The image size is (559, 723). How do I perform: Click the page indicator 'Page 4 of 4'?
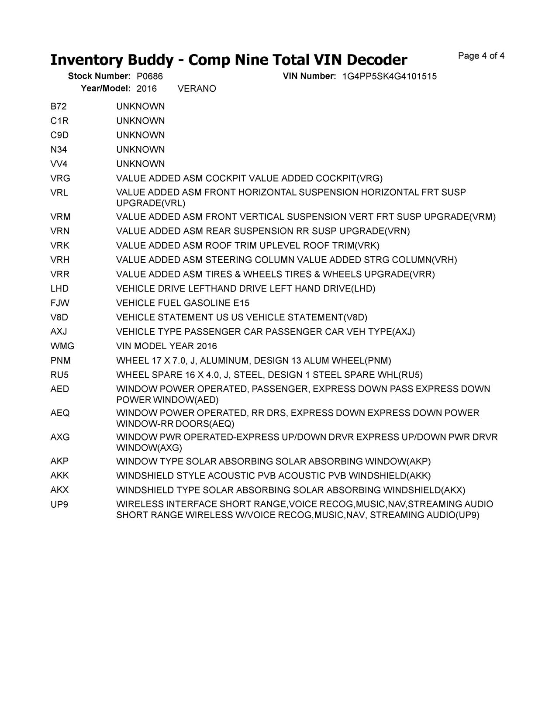click(481, 56)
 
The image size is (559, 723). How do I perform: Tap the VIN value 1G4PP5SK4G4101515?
click(389, 76)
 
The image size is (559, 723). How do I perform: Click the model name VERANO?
click(197, 89)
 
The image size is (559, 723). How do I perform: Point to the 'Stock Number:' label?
click(99, 76)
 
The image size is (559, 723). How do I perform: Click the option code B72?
click(59, 107)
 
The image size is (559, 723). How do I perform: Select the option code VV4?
click(59, 164)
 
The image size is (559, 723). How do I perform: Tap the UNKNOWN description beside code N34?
click(140, 150)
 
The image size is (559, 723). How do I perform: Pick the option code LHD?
click(59, 289)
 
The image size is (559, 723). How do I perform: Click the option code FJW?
click(60, 303)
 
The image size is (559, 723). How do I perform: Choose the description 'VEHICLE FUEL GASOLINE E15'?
click(183, 303)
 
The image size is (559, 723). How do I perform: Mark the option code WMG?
click(62, 346)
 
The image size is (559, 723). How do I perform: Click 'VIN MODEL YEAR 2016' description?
click(166, 346)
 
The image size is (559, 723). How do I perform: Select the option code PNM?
click(60, 361)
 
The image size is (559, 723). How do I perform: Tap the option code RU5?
click(59, 375)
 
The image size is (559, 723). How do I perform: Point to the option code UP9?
click(59, 504)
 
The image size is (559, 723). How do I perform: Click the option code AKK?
click(59, 475)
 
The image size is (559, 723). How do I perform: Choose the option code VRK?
click(60, 245)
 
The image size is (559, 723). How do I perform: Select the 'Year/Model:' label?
click(106, 89)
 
